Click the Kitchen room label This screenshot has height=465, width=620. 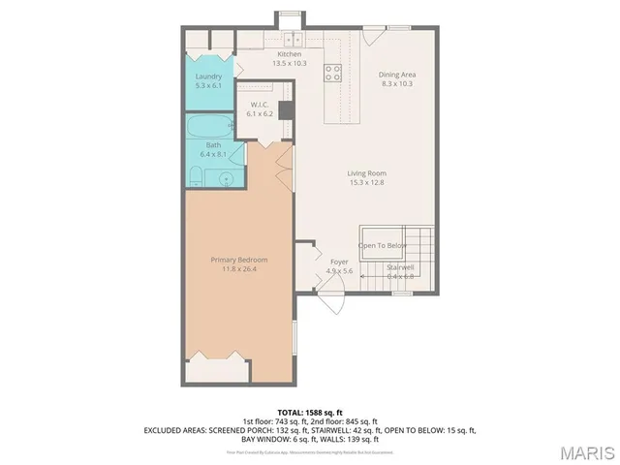290,54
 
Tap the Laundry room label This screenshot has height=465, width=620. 208,77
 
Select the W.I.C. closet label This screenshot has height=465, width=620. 260,105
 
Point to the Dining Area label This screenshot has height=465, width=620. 396,75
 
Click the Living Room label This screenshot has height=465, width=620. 366,173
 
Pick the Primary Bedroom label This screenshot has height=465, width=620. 239,260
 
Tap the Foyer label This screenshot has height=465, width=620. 339,262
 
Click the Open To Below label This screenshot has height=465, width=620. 383,245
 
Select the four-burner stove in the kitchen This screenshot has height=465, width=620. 331,70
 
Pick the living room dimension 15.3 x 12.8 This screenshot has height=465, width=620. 366,182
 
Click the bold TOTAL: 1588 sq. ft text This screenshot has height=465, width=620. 310,412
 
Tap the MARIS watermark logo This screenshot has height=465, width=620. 585,450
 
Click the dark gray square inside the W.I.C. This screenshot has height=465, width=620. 285,110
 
